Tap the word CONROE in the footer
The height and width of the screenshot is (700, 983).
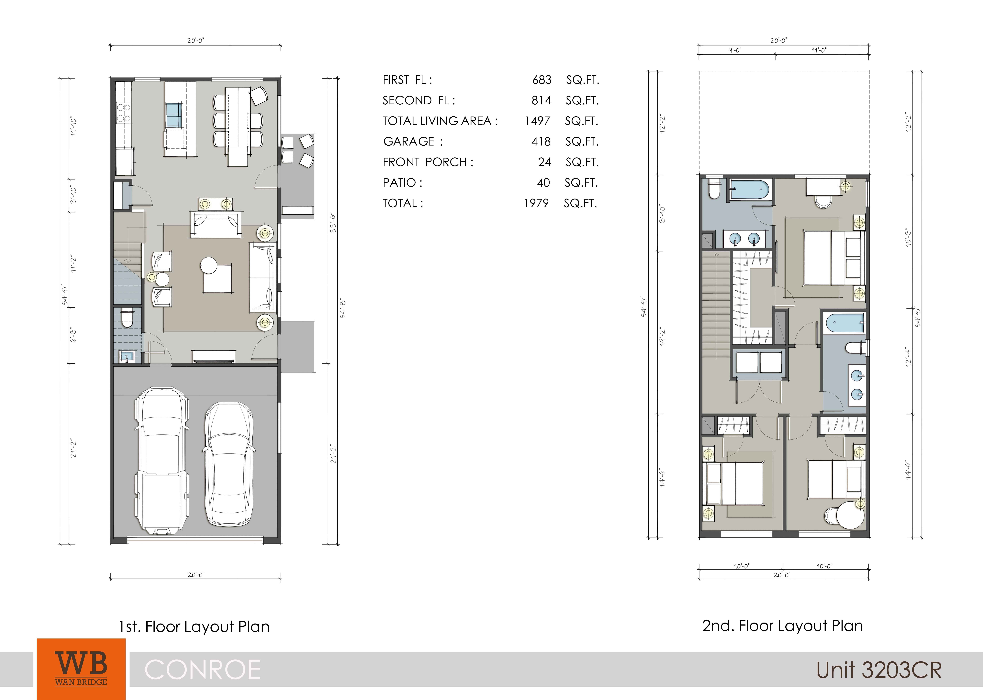point(202,669)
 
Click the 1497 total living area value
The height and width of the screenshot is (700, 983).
point(537,121)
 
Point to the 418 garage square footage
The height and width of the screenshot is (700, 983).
point(541,141)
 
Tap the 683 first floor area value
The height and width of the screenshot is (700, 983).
point(542,80)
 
